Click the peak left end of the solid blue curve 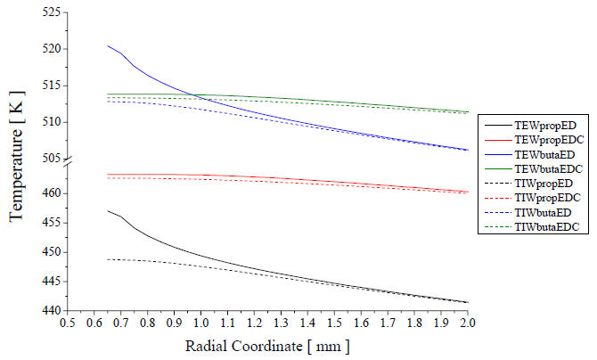point(108,45)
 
